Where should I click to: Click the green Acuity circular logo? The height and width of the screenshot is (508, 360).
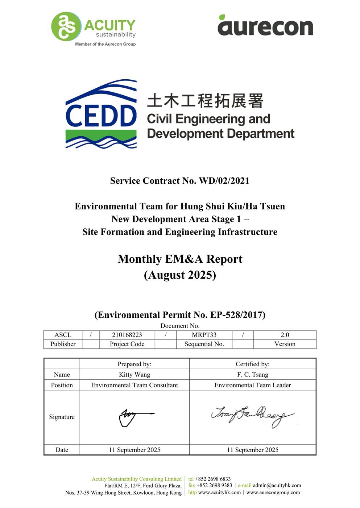pyautogui.click(x=65, y=26)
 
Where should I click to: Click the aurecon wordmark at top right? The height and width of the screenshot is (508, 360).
pyautogui.click(x=265, y=26)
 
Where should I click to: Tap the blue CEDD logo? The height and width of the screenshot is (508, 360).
pyautogui.click(x=101, y=114)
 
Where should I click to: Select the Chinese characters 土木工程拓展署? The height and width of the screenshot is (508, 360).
pyautogui.click(x=205, y=101)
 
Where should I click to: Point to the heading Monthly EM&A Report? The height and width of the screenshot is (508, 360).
pyautogui.click(x=180, y=259)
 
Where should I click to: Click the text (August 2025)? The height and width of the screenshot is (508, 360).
pyautogui.click(x=180, y=275)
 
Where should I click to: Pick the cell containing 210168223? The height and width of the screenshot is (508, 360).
pyautogui.click(x=127, y=335)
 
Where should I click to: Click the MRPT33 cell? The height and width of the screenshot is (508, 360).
pyautogui.click(x=204, y=335)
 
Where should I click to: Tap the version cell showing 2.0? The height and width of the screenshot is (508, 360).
pyautogui.click(x=285, y=335)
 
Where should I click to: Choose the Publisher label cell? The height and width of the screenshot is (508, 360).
pyautogui.click(x=63, y=344)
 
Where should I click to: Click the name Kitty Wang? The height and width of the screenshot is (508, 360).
pyautogui.click(x=135, y=374)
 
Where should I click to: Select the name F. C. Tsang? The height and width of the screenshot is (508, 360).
pyautogui.click(x=253, y=374)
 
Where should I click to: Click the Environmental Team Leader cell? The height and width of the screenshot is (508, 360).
pyautogui.click(x=253, y=385)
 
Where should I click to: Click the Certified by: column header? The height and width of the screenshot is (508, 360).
pyautogui.click(x=253, y=364)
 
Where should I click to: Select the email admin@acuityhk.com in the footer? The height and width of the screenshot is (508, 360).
pyautogui.click(x=277, y=485)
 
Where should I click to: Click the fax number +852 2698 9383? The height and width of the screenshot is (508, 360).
pyautogui.click(x=214, y=485)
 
